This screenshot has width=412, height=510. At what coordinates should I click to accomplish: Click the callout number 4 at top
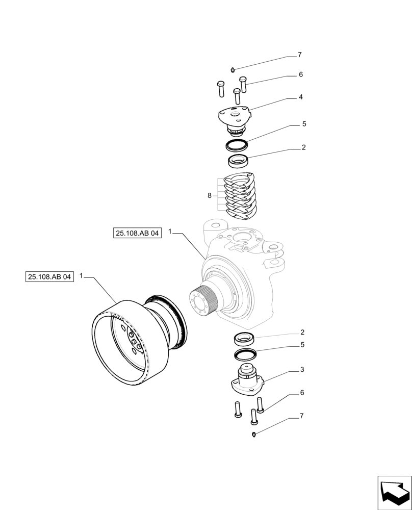(x=301, y=96)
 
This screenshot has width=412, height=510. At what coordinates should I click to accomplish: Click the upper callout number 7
(x=300, y=55)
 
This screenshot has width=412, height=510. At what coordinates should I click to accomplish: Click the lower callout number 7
(x=301, y=416)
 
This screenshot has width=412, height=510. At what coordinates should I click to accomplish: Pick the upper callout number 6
(x=301, y=74)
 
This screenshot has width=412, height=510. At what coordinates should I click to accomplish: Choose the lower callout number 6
(x=303, y=393)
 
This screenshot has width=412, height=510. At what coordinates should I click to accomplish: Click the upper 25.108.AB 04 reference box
(x=137, y=233)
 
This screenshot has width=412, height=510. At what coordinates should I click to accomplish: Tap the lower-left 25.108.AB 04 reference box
(x=49, y=276)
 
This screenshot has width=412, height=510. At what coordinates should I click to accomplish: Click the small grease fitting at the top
(x=232, y=69)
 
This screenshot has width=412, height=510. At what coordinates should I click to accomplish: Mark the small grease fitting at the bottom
(x=254, y=434)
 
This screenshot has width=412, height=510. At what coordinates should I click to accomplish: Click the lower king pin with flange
(x=247, y=380)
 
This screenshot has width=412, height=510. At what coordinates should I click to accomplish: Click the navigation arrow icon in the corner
(x=394, y=492)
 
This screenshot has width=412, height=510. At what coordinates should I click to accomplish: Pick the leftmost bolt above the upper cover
(x=220, y=89)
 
